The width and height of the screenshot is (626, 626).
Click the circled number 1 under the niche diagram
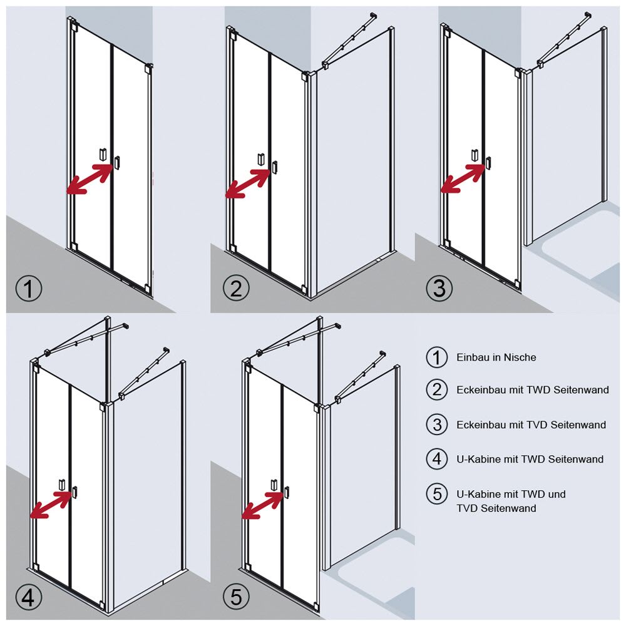29,289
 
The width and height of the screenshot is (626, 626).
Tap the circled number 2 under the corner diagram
236,289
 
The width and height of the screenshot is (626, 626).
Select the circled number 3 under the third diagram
439,289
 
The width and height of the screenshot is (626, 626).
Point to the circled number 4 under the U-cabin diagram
29,598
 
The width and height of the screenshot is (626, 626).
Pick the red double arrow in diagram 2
249,182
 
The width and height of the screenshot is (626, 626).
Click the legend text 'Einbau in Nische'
496,357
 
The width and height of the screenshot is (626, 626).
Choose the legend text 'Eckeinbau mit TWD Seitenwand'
533,390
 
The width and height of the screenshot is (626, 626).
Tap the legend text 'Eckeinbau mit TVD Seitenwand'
531,424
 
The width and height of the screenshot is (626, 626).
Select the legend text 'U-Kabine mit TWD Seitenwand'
530,459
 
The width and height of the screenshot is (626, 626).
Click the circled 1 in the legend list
437,357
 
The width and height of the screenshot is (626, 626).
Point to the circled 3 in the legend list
437,424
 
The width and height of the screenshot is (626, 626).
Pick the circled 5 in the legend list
437,493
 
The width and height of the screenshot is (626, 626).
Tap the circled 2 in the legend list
437,390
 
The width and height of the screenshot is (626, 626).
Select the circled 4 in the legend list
437,459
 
